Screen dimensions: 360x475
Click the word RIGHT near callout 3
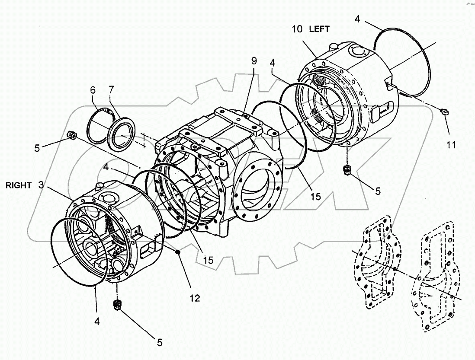(x=19, y=185)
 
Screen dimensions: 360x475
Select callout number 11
(x=451, y=146)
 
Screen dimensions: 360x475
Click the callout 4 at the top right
(x=357, y=19)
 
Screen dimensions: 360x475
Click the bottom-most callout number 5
(x=159, y=343)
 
